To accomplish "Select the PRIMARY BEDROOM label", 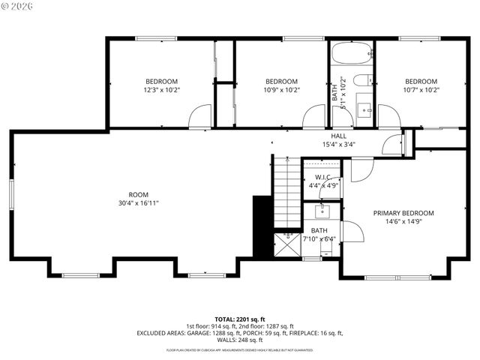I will coord(403,213).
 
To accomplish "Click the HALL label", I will coord(338,136).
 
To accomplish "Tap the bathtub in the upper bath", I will coord(351,54).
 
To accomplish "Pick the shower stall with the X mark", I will coord(285,244).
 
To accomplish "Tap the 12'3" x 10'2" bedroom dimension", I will coord(161,90).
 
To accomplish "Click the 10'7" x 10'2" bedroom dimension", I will coord(421,90).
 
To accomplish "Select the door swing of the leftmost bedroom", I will coord(200,116).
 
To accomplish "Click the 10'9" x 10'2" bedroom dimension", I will coord(282,90).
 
